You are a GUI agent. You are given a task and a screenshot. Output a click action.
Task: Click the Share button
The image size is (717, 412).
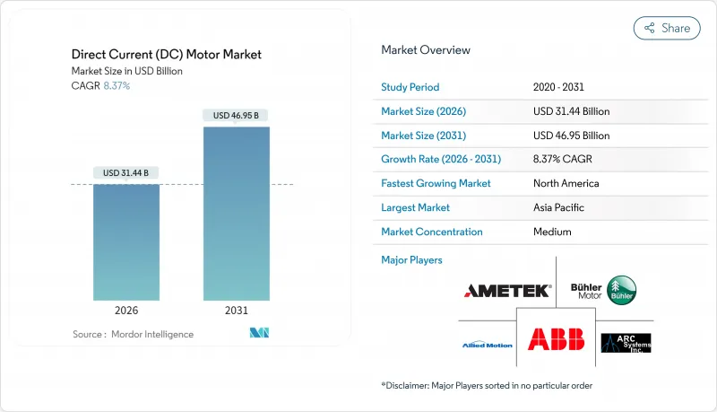tap(667, 28)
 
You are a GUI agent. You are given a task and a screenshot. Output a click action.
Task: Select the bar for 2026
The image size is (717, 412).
tap(126, 241)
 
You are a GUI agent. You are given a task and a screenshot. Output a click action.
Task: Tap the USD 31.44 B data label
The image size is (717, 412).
tap(126, 172)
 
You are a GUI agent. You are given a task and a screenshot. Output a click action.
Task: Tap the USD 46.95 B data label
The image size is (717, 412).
tap(236, 115)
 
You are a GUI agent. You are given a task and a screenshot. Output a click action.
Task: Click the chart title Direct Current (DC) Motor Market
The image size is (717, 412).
tap(167, 54)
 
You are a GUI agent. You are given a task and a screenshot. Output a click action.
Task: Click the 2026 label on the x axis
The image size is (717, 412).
tap(126, 310)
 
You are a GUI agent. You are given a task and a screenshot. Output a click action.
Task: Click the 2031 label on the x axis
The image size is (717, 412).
tap(236, 310)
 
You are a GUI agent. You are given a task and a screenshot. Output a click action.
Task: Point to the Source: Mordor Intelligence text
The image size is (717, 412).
tap(133, 334)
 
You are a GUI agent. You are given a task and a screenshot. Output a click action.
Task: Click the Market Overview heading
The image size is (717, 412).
tap(426, 50)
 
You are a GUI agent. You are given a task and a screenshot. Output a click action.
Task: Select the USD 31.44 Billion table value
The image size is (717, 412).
tap(571, 111)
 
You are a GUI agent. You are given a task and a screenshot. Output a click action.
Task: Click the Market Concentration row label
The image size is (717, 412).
tap(432, 232)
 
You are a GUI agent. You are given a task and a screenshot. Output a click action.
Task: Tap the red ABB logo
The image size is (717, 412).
tap(556, 338)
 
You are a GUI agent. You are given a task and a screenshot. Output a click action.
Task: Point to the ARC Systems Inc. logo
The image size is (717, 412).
tap(626, 342)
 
